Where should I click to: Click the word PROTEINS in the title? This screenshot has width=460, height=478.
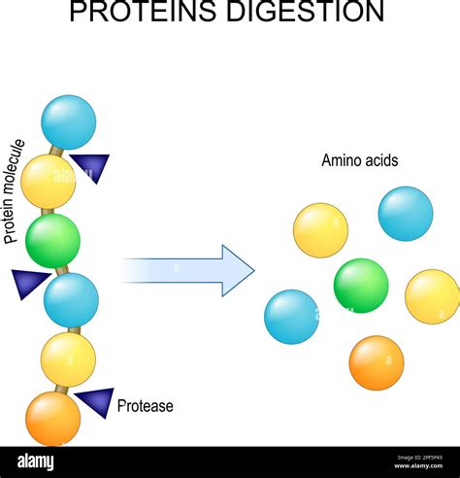click(156, 13)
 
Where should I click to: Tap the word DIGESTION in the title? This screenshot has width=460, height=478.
click(311, 13)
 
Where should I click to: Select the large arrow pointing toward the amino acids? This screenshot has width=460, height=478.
click(189, 270)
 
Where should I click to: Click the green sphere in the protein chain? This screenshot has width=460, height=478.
click(53, 241)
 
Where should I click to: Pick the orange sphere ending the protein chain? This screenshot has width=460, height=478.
click(52, 418)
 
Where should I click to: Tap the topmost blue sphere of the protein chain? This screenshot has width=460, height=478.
click(69, 121)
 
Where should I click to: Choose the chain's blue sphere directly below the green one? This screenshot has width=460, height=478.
click(71, 299)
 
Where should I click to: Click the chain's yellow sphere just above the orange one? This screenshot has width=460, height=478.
click(68, 358)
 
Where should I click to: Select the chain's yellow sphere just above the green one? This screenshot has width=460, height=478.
click(49, 181)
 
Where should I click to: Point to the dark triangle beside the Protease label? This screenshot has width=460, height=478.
click(95, 401)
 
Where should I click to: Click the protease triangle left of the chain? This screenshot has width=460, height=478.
click(31, 283)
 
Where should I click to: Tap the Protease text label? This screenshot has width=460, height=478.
click(145, 406)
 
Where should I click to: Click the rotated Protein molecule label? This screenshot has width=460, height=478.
click(15, 190)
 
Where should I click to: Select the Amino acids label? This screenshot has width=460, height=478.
click(360, 161)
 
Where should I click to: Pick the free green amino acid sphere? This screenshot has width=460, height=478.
click(361, 286)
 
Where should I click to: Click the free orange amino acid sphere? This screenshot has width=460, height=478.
click(377, 362)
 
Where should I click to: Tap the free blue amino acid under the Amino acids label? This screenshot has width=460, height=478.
click(406, 214)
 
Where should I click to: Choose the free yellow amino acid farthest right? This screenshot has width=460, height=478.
click(432, 296)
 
